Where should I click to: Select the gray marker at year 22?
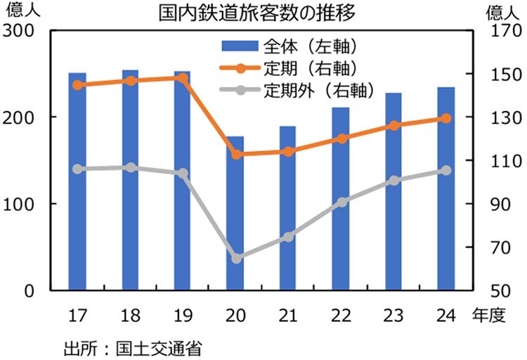click(x=341, y=202)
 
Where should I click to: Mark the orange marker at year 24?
click(x=446, y=118)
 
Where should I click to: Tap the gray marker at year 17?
click(x=77, y=169)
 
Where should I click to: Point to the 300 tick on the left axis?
click(x=20, y=32)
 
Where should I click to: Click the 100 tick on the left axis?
click(x=20, y=204)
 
